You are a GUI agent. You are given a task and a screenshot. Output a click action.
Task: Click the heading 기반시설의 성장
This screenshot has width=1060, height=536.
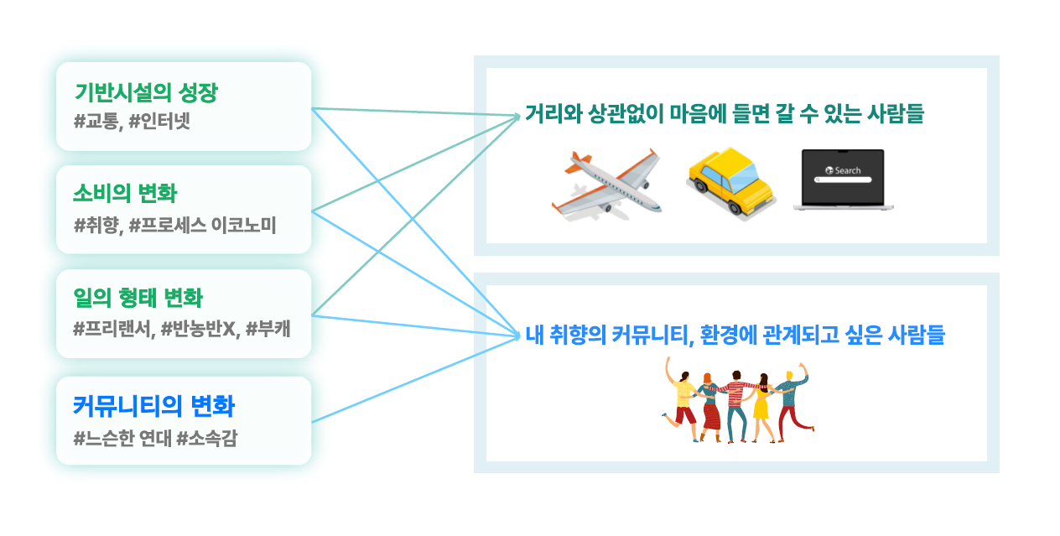[x=145, y=93]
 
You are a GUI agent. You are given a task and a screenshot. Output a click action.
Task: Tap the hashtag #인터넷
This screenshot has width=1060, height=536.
[x=160, y=122]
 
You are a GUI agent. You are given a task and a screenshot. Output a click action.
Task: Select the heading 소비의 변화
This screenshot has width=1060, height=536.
[x=125, y=194]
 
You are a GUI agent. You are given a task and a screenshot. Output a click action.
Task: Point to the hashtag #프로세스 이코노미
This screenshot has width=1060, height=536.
[x=203, y=225]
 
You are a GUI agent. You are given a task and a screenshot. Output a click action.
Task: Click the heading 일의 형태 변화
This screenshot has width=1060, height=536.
[x=138, y=298]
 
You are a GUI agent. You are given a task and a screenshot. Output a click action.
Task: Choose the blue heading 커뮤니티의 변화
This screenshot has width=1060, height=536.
[x=153, y=407]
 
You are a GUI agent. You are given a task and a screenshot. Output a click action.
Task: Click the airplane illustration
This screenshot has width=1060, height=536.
[x=605, y=184]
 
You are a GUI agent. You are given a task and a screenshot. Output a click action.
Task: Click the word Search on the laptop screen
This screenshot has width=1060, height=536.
[x=847, y=170]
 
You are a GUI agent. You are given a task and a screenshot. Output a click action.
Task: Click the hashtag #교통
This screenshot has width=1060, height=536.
[x=98, y=122]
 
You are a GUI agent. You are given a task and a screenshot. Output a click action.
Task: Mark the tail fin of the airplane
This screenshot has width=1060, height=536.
[x=574, y=162]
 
